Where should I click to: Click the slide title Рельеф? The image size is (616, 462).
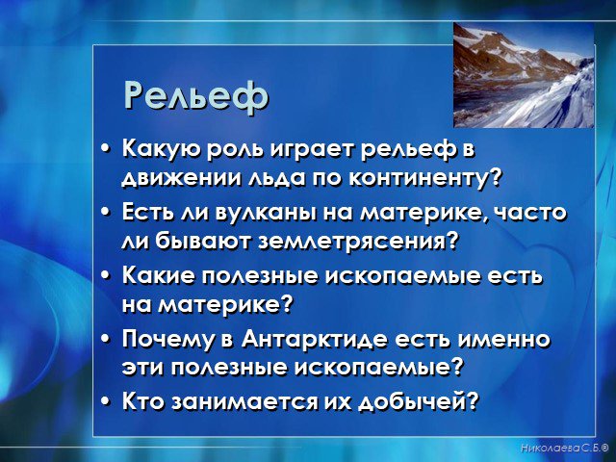(x=196, y=96)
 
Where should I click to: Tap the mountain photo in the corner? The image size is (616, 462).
(x=524, y=75)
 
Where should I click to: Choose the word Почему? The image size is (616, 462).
(x=171, y=340)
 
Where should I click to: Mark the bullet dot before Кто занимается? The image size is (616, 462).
(x=104, y=401)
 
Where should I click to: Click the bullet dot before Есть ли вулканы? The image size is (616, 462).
(x=104, y=213)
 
